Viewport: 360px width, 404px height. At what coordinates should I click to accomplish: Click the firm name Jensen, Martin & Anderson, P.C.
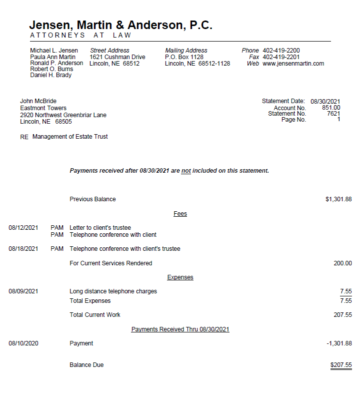coord(120,25)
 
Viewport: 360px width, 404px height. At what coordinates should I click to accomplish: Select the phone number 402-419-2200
coord(281,51)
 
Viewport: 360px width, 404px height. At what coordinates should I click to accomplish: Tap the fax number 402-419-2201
coord(281,57)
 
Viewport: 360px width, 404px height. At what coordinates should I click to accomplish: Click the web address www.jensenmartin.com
coord(293,64)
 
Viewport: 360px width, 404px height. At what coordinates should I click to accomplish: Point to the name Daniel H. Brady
coord(50,75)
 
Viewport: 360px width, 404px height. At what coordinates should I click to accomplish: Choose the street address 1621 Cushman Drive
coord(117,57)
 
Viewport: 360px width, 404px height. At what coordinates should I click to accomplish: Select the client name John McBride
coord(38,101)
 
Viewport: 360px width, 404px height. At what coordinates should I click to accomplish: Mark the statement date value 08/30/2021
coord(325,101)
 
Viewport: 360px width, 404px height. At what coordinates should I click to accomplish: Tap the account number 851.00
coord(331,108)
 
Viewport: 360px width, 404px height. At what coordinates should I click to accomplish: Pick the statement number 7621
coord(333,114)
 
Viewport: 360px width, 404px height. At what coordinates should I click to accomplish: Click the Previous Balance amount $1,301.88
coord(338,199)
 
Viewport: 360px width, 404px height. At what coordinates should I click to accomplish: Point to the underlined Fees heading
coord(180,214)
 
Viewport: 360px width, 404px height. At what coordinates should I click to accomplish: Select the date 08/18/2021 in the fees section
coord(23,249)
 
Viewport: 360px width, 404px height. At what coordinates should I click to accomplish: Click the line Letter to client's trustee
coord(100,228)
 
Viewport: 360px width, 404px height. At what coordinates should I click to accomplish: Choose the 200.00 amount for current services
coord(342,263)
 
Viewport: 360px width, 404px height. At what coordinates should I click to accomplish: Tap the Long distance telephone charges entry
coord(113,291)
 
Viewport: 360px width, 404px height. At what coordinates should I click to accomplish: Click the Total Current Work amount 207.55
coord(342,315)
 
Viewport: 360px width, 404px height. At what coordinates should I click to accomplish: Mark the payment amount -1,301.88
coord(338,343)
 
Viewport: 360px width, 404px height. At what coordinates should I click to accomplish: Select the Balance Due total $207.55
coord(341,365)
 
